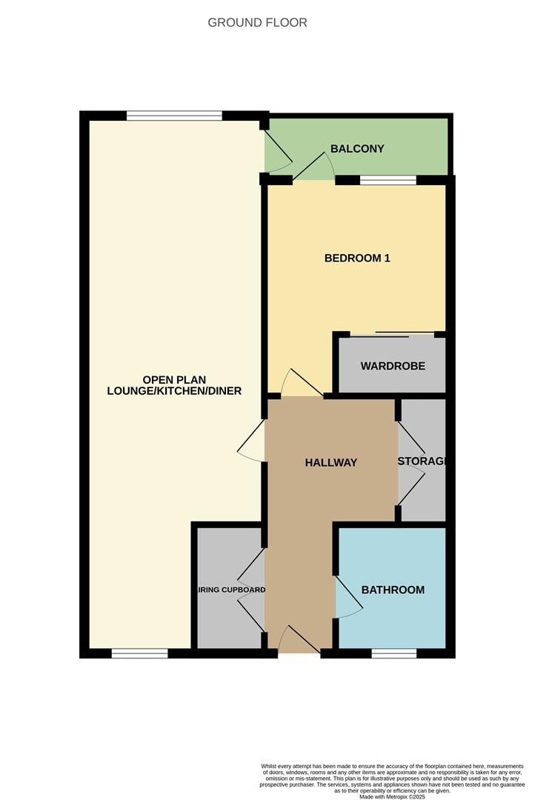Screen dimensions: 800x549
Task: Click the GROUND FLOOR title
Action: click(257, 22)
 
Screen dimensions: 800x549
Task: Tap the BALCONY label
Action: click(357, 149)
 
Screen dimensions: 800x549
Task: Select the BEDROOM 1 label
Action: click(357, 259)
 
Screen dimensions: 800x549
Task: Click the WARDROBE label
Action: click(393, 366)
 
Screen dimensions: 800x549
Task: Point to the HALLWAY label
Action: click(331, 462)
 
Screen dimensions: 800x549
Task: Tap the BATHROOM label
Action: click(393, 590)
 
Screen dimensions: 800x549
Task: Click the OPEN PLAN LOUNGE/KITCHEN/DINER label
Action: click(174, 385)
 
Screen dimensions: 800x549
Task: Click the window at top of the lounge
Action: click(174, 116)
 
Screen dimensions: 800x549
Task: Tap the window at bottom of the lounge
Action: click(139, 653)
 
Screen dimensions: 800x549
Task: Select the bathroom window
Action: click(393, 653)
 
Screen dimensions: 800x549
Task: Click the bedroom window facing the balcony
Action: click(387, 180)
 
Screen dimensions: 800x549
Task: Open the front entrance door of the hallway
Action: click(299, 641)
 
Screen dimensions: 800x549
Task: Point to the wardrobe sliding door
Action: click(393, 335)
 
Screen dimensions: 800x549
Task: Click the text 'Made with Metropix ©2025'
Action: click(393, 796)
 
